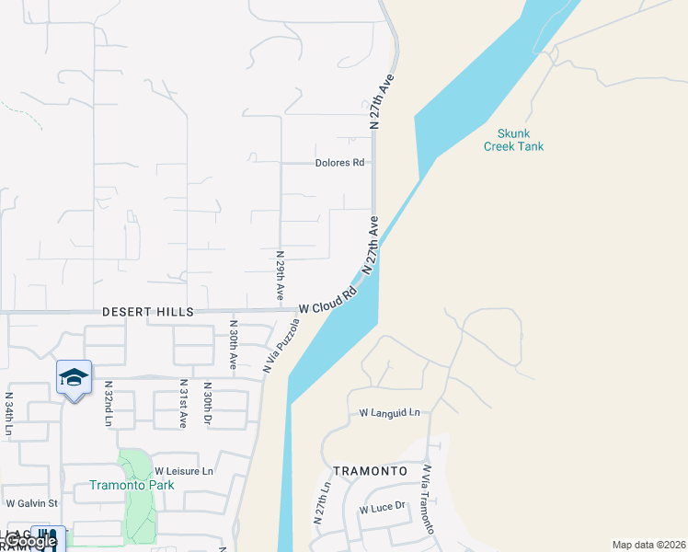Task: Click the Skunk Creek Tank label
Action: point(513,139)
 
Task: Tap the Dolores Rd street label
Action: point(340,163)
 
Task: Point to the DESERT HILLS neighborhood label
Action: point(148,313)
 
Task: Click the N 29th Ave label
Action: point(280,274)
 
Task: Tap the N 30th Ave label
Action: point(234,345)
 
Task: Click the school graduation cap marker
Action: point(75,377)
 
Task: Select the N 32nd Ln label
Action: point(109,403)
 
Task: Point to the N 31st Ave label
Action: point(184,403)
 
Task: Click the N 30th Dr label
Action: point(208,403)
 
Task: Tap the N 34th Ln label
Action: point(9,413)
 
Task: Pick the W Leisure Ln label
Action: point(183,471)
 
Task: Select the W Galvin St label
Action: point(32,503)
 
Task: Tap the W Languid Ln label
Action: point(389,413)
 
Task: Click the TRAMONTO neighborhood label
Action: point(370,470)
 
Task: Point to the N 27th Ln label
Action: point(321,502)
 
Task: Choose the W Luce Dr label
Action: point(383,508)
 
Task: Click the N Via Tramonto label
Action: point(427,499)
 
